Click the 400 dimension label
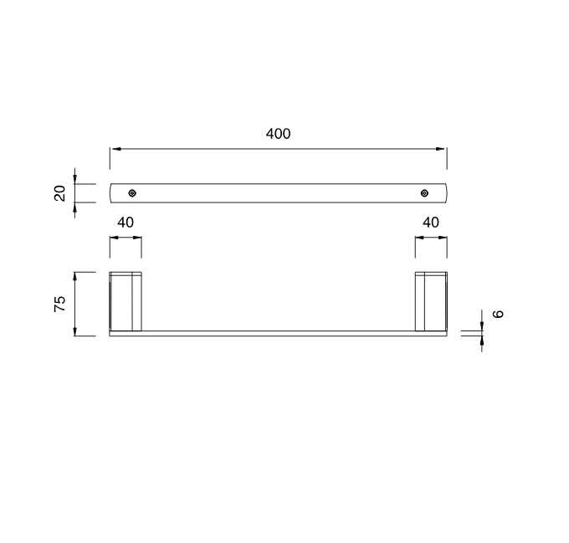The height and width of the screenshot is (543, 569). point(278,134)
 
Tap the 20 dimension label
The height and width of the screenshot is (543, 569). point(59,193)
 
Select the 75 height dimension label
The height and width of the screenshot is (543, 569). point(59,305)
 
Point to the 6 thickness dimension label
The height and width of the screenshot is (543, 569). point(499,314)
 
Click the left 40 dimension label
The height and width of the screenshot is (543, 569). point(125,222)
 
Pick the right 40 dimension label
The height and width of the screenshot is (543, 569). point(430,222)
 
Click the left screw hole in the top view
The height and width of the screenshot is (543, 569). point(132,193)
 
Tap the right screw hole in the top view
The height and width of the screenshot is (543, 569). point(425,193)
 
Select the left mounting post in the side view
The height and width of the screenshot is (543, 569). point(126,301)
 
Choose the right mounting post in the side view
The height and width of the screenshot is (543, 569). point(431,301)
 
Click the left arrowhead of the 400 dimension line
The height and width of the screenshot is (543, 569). point(115,149)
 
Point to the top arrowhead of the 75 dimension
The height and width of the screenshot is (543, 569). point(75,276)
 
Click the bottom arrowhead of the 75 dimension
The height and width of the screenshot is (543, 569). point(75,332)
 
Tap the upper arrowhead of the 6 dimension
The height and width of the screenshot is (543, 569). point(482,326)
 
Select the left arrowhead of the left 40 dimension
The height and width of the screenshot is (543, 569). point(114,237)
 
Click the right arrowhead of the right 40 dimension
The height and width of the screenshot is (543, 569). point(443,237)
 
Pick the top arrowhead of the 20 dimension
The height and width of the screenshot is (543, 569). point(75,180)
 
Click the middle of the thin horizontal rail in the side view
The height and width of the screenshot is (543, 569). point(278,334)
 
